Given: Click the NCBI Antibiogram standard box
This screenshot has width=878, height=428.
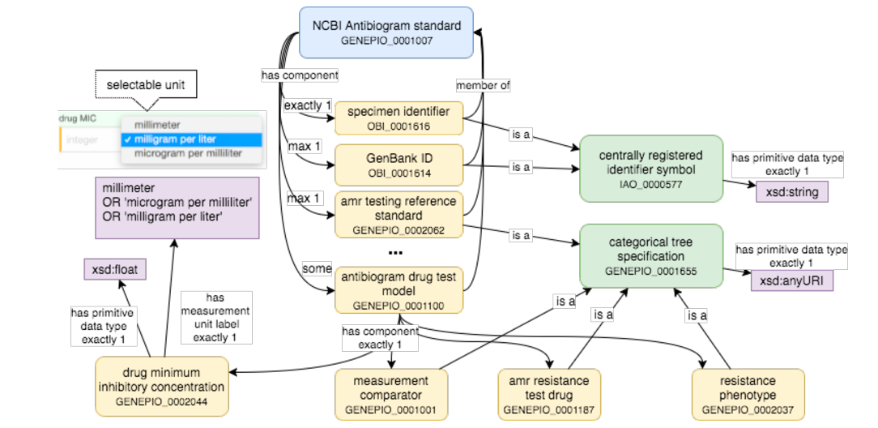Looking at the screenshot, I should (x=386, y=32).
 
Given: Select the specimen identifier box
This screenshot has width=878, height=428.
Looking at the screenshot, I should (x=398, y=118).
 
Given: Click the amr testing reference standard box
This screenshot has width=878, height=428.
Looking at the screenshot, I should (x=398, y=215).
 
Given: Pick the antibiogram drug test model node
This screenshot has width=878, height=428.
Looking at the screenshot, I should (x=398, y=290).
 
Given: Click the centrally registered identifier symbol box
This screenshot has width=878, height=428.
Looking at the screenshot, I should (x=650, y=168).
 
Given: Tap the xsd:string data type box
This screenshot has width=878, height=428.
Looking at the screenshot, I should (x=791, y=192).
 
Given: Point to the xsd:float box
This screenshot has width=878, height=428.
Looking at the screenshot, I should (x=116, y=269).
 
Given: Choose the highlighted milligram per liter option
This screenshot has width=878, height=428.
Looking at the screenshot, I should (x=191, y=139).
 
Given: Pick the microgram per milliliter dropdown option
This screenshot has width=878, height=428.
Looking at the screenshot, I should (x=191, y=153).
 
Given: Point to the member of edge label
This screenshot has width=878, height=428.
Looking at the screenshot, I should (x=483, y=85).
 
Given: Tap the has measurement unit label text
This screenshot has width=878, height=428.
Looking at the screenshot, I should (x=215, y=317).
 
